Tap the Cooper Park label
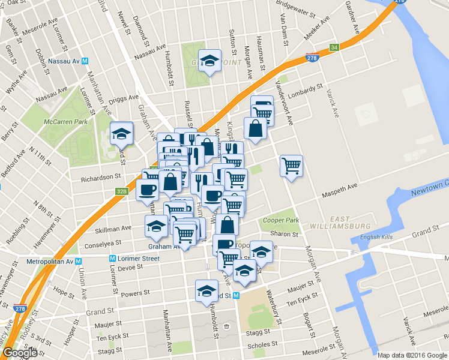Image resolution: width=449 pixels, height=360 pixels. [x=281, y=220]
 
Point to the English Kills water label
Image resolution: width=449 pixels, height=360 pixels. [x=376, y=238]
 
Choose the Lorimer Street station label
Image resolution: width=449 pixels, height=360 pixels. [x=134, y=259]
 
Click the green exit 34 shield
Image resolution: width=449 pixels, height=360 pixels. [x=334, y=47]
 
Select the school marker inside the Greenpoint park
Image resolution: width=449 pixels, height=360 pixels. [x=209, y=60]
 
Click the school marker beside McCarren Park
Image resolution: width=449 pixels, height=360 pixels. [x=122, y=133]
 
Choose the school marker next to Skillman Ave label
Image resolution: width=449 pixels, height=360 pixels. [x=156, y=226]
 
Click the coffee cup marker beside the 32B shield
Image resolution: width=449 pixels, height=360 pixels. [x=147, y=189]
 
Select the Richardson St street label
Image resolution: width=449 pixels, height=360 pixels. [x=102, y=178]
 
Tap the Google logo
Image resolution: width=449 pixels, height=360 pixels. [x=20, y=353]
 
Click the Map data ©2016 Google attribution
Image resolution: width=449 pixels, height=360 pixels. [x=412, y=355]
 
